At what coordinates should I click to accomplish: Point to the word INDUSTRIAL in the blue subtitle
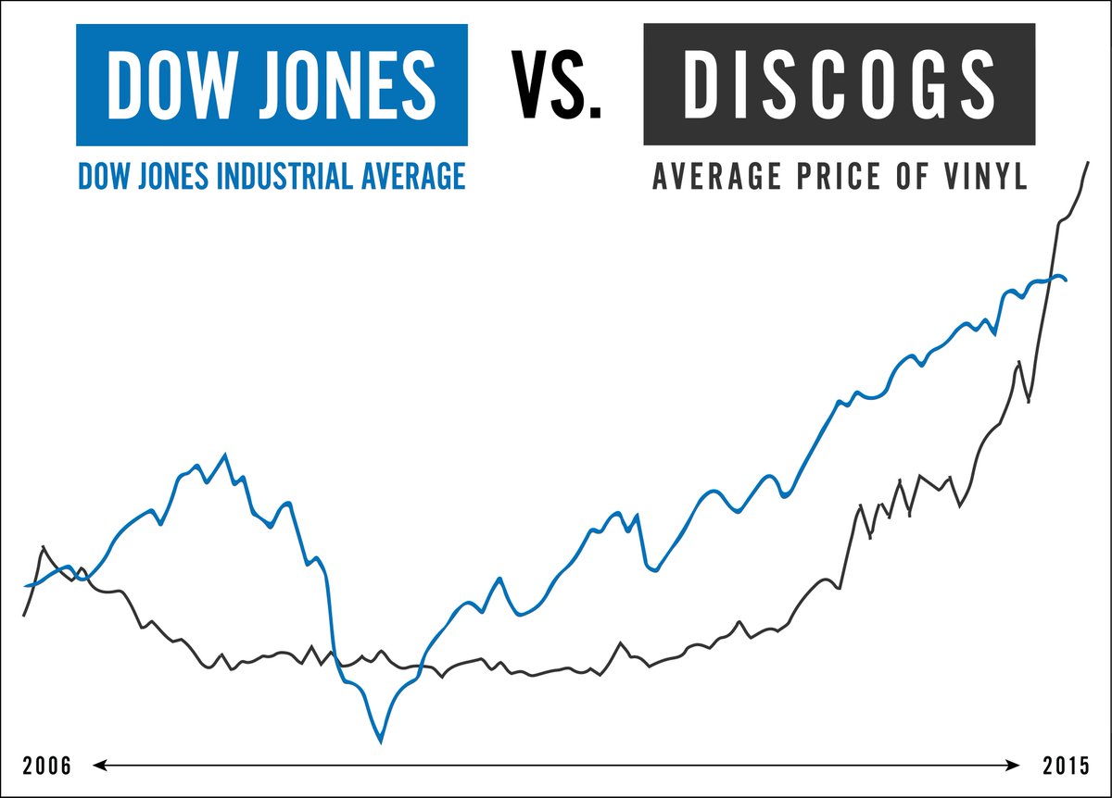[286, 175]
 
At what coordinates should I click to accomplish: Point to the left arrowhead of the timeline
[96, 766]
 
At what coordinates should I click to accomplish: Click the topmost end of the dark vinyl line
[1088, 163]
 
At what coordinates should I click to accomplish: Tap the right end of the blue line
[1067, 280]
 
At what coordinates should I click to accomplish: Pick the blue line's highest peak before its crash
[225, 455]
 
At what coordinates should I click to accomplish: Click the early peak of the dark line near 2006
[43, 547]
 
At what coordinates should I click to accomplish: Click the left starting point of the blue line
[25, 586]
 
